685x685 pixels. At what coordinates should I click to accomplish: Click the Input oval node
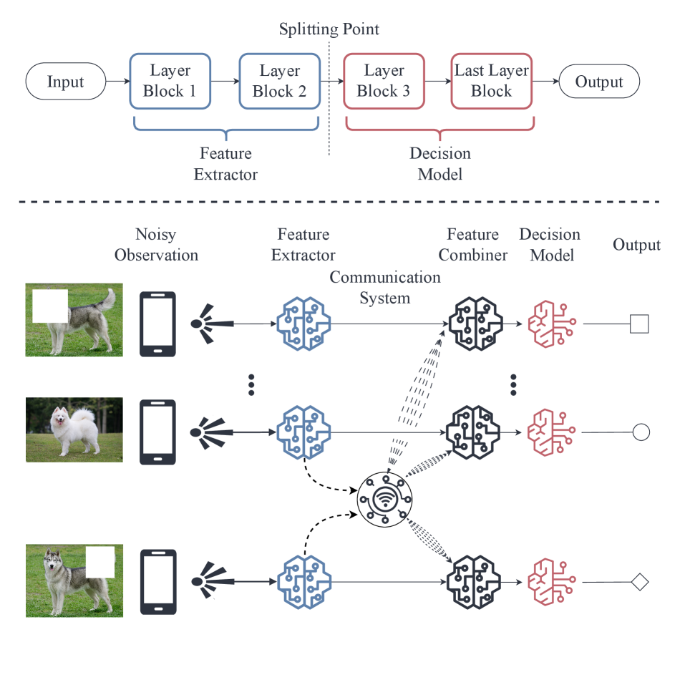(x=65, y=82)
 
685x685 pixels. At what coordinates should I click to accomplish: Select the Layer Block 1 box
(x=170, y=81)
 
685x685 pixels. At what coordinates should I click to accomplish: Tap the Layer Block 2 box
(x=279, y=81)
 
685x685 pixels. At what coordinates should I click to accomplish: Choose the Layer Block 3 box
(x=384, y=81)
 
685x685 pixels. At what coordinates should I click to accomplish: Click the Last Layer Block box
(x=492, y=81)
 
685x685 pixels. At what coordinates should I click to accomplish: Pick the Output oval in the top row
(x=599, y=82)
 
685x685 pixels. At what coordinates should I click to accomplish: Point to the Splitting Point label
(x=329, y=29)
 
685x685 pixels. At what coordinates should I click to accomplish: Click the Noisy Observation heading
(x=156, y=244)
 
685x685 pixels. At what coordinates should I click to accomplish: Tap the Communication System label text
(x=385, y=286)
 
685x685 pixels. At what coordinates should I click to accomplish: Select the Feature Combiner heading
(x=472, y=244)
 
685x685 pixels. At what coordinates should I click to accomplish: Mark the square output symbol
(x=639, y=324)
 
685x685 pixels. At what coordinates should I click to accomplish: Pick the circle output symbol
(x=641, y=432)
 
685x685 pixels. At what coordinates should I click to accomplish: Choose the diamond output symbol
(x=640, y=582)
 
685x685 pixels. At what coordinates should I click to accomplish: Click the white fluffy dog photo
(x=74, y=429)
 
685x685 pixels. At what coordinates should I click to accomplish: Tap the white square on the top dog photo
(x=50, y=306)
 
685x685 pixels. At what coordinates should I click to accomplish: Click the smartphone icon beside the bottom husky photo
(x=158, y=581)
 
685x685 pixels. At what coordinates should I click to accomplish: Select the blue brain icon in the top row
(x=303, y=324)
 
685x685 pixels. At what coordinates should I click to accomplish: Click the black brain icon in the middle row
(x=472, y=432)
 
